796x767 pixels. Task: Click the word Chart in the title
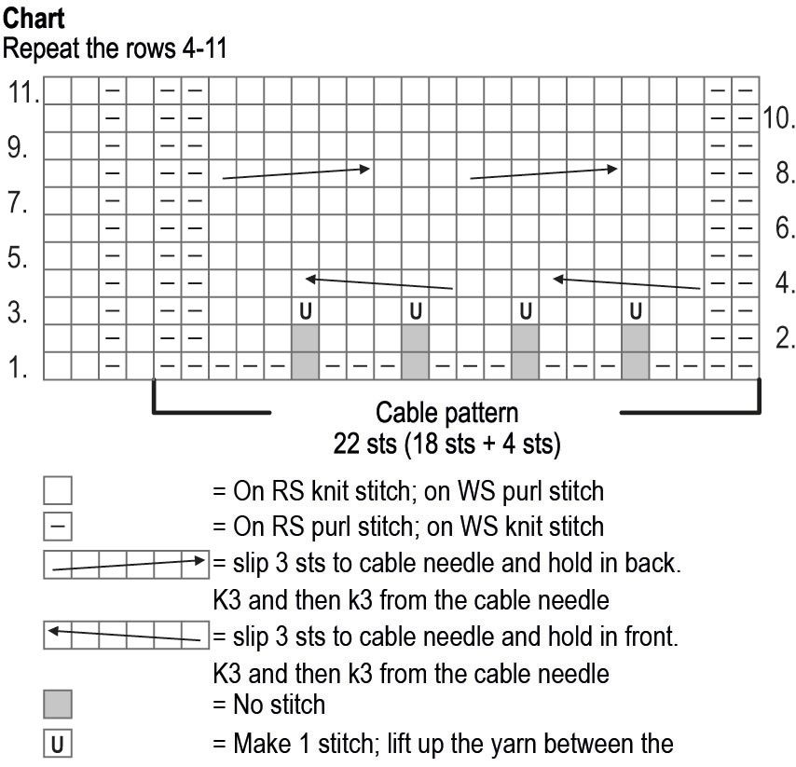pyautogui.click(x=34, y=17)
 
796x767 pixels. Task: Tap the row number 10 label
pyautogui.click(x=779, y=118)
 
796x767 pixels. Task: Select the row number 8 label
pyautogui.click(x=785, y=173)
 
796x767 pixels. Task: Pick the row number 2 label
pyautogui.click(x=785, y=338)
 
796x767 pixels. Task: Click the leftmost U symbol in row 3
pyautogui.click(x=305, y=310)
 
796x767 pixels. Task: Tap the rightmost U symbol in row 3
pyautogui.click(x=635, y=310)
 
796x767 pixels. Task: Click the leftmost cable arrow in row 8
pyautogui.click(x=295, y=171)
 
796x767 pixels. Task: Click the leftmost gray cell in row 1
pyautogui.click(x=305, y=366)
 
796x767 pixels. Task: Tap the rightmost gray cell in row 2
pyautogui.click(x=635, y=338)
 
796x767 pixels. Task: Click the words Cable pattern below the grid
pyautogui.click(x=446, y=412)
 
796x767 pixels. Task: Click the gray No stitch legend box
pyautogui.click(x=58, y=704)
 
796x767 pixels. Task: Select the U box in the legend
pyautogui.click(x=58, y=745)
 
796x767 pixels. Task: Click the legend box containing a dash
pyautogui.click(x=58, y=527)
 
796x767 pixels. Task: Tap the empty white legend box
pyautogui.click(x=58, y=490)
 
